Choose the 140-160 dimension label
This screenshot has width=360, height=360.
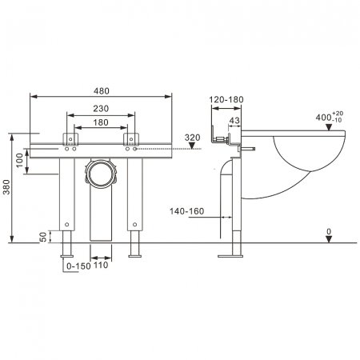(x=186, y=211)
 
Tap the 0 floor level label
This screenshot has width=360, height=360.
(x=328, y=230)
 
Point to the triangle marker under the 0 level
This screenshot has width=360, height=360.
(x=328, y=239)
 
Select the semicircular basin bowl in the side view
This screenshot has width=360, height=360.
(x=307, y=156)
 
